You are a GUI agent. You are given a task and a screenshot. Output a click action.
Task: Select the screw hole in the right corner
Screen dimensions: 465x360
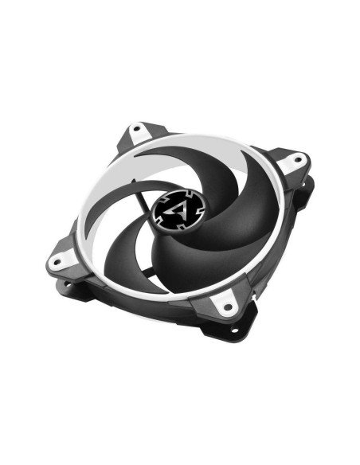[299, 159]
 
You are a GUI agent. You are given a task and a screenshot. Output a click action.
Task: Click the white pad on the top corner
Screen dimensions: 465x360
[146, 133]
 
